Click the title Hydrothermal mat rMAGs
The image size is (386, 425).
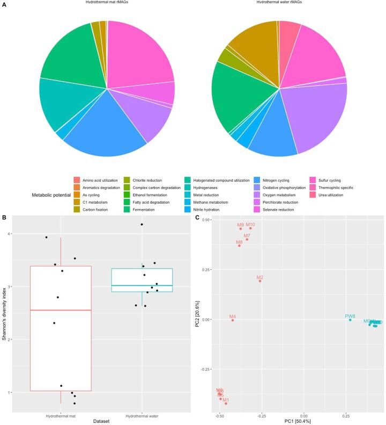tap(107, 3)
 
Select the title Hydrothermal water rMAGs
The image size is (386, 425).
tap(279, 3)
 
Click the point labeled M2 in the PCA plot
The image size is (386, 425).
tap(260, 281)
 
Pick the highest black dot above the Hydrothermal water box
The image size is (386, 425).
tap(142, 224)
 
